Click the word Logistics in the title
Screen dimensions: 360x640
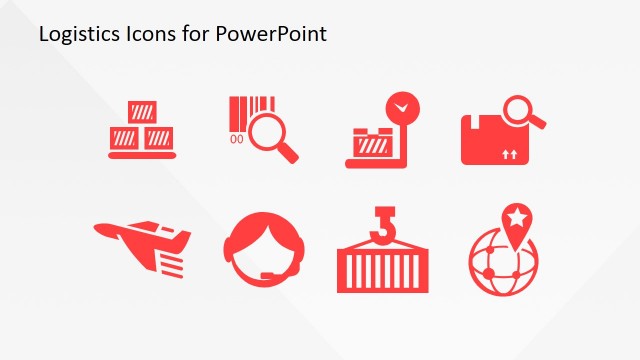pyautogui.click(x=73, y=34)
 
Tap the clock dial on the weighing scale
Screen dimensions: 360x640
pyautogui.click(x=403, y=106)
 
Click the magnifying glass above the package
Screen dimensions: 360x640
pyautogui.click(x=522, y=109)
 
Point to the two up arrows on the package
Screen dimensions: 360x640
pyautogui.click(x=510, y=154)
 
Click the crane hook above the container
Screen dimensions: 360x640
pyautogui.click(x=380, y=222)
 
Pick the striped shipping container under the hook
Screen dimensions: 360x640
pyautogui.click(x=380, y=266)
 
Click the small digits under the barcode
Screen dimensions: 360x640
pyautogui.click(x=237, y=139)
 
